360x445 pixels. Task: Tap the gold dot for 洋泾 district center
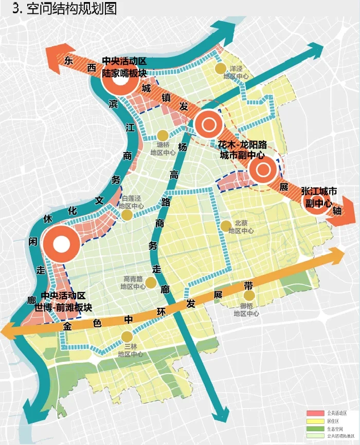click(x=221, y=68)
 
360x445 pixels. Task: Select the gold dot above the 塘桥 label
click(x=163, y=135)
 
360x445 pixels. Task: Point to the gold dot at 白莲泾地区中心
click(x=125, y=215)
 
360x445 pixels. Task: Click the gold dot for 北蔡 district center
click(x=226, y=225)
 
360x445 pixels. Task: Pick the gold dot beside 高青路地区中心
click(x=151, y=283)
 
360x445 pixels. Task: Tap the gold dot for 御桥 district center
click(x=249, y=296)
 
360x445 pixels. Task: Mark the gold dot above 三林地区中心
click(x=127, y=337)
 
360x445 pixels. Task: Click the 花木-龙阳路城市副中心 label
click(x=242, y=149)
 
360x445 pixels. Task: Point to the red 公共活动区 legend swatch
click(x=315, y=413)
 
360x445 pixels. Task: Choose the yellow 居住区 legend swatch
click(x=315, y=420)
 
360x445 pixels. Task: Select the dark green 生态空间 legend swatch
click(x=315, y=428)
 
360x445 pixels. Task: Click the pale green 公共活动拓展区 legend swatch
click(x=315, y=436)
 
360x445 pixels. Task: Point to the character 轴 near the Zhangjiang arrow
click(x=337, y=211)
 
